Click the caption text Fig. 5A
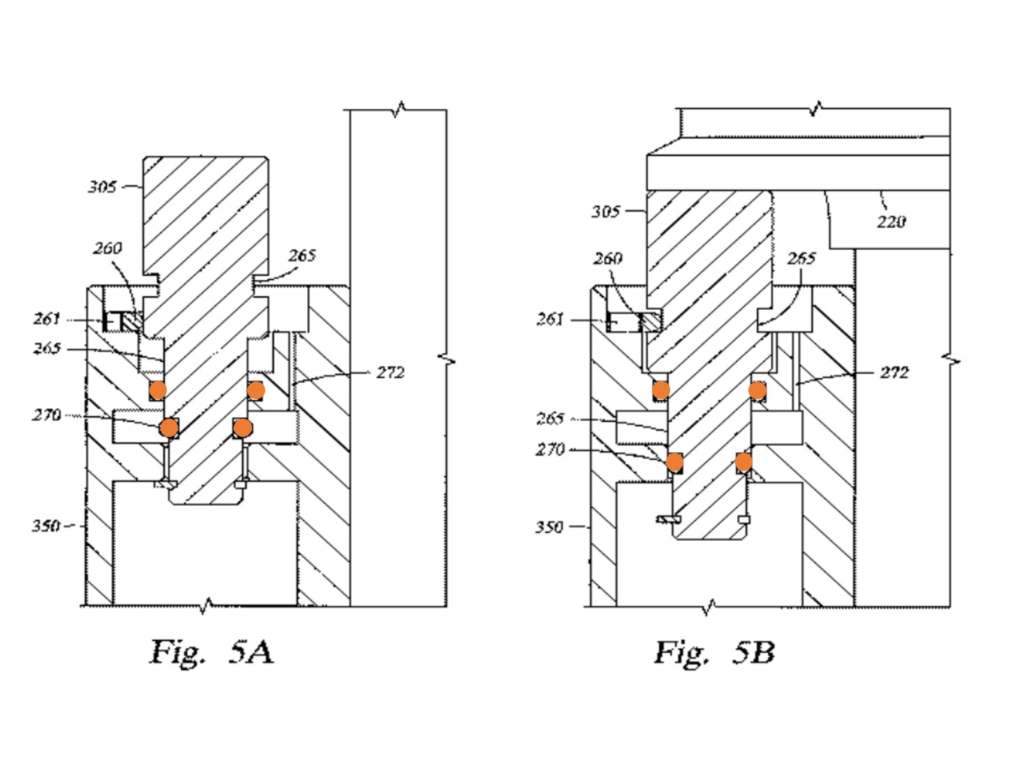(x=212, y=652)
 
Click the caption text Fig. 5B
(x=714, y=652)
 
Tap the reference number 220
(x=891, y=222)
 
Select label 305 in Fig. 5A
(x=102, y=186)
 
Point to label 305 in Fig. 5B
(x=606, y=211)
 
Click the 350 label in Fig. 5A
(x=45, y=525)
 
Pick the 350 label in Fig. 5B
(x=549, y=527)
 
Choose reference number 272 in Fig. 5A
(x=390, y=373)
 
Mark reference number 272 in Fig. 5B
(x=894, y=373)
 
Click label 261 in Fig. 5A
(x=47, y=319)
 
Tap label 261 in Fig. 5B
(x=550, y=319)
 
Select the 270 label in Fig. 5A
(x=47, y=414)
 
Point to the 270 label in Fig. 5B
(x=550, y=449)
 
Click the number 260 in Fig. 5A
(x=108, y=248)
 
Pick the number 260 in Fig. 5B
(x=607, y=259)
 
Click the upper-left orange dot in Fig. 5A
(x=158, y=390)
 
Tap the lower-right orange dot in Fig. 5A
(x=242, y=427)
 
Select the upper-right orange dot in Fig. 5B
(x=757, y=390)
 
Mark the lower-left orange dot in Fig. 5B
(x=674, y=462)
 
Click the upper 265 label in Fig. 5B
(x=801, y=259)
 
